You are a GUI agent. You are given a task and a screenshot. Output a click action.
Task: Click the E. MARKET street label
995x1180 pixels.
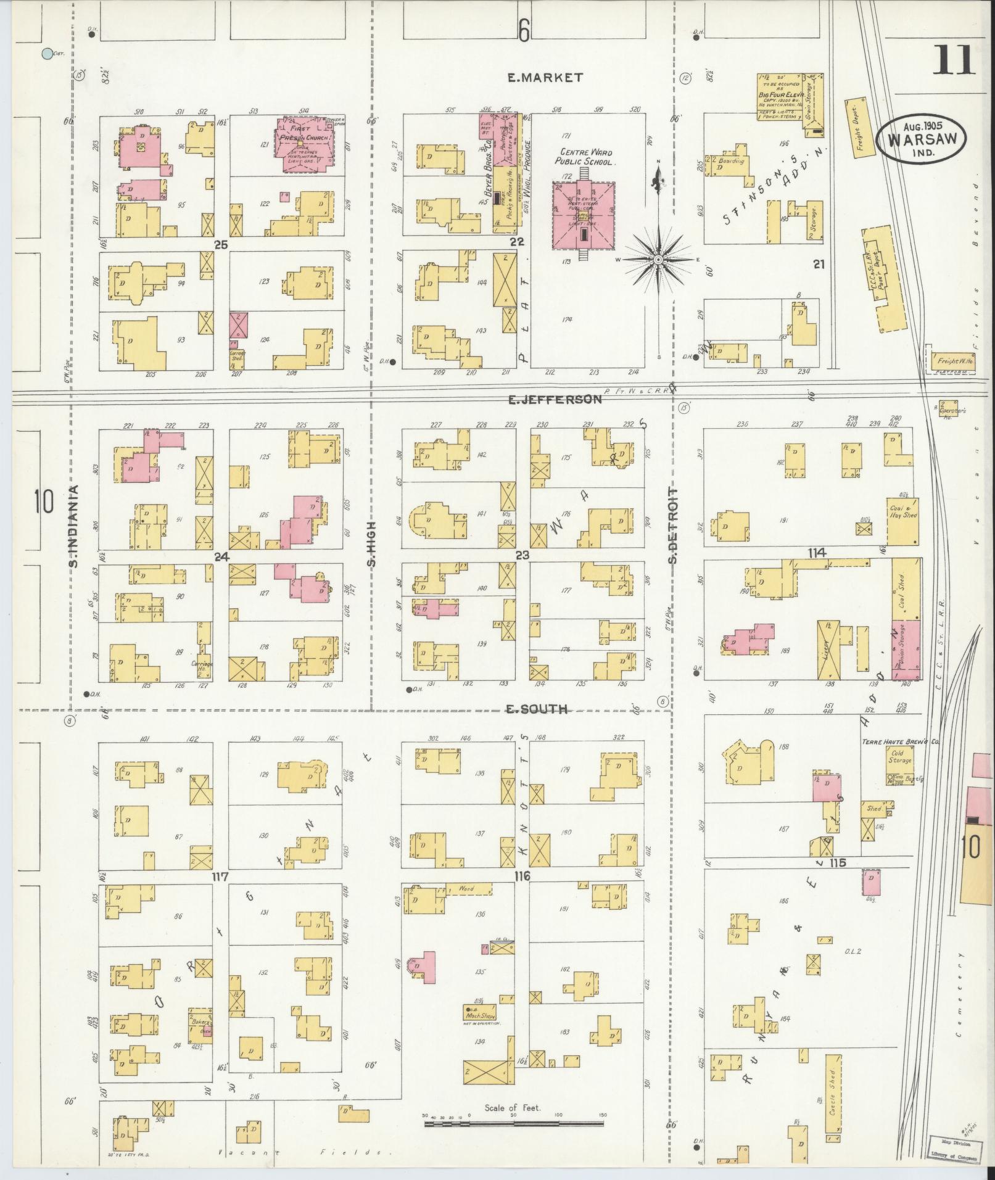[x=545, y=77]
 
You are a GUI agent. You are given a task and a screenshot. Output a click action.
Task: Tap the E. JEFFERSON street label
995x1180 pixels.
[x=554, y=399]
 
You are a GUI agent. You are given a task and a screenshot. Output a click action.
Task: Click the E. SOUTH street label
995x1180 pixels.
[x=537, y=709]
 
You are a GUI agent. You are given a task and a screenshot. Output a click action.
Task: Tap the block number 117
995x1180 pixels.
[x=220, y=877]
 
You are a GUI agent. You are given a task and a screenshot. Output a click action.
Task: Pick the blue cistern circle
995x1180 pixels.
[x=46, y=54]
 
